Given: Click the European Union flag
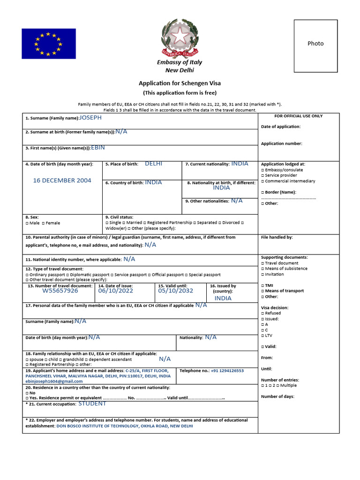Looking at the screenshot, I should (x=48, y=44).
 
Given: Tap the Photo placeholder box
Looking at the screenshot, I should (x=315, y=45).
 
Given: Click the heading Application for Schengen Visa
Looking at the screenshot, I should (x=180, y=83).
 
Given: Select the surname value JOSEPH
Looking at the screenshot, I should (x=90, y=118).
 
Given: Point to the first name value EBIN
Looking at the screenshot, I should (x=98, y=147).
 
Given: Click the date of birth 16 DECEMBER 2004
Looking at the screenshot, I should (x=62, y=180).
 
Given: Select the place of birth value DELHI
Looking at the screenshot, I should (x=153, y=164).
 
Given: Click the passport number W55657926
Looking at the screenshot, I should (x=60, y=291).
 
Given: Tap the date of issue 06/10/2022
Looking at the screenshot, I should (x=115, y=291).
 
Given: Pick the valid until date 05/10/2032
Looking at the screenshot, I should (x=175, y=291).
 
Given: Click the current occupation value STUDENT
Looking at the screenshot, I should (x=92, y=404).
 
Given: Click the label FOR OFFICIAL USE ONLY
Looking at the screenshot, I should (x=298, y=116).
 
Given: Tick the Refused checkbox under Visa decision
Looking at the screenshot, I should (x=262, y=313).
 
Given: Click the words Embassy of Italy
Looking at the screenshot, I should (x=180, y=62).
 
